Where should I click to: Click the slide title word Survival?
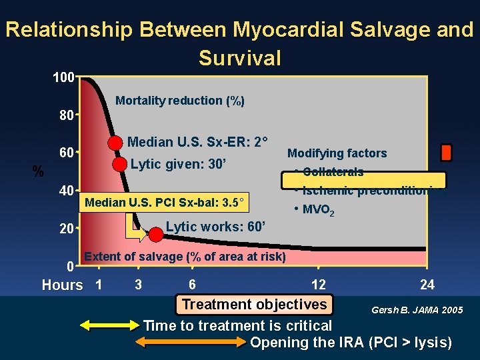[240, 58]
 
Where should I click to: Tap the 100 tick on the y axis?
[64, 77]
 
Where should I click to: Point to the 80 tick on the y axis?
[65, 115]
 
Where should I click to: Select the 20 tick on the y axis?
[65, 229]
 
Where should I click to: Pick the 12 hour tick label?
[319, 285]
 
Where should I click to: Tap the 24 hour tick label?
[427, 285]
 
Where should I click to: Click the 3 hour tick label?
[138, 285]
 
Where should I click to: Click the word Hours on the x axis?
[63, 285]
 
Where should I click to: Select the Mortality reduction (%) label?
[180, 101]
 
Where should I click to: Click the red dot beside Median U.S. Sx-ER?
[116, 143]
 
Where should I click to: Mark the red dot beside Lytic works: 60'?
[155, 235]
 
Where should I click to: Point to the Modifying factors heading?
[337, 153]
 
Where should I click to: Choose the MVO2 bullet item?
[317, 211]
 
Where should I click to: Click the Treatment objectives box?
[254, 305]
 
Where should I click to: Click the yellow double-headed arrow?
[108, 326]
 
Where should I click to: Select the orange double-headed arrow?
[191, 343]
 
